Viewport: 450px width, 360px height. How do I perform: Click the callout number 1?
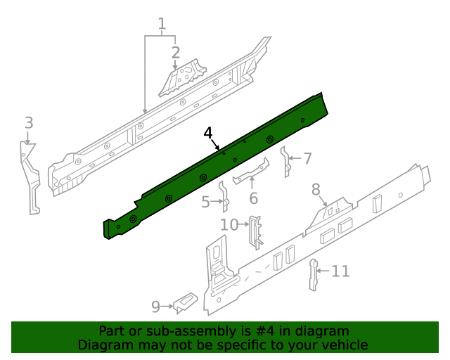click(x=162, y=25)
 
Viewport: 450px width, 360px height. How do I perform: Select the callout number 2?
click(x=175, y=52)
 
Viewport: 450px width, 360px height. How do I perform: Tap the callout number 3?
click(x=28, y=123)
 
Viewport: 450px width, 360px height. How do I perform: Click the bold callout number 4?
click(x=208, y=133)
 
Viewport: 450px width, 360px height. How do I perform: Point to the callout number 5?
click(x=205, y=202)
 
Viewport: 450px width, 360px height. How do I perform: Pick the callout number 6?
click(x=253, y=198)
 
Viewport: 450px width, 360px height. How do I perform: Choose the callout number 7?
click(x=307, y=158)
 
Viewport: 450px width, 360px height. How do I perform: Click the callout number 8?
click(x=316, y=188)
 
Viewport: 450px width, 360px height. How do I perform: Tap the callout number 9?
click(x=156, y=306)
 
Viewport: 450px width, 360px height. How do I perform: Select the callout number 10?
click(x=229, y=225)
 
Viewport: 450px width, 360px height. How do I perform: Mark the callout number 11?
click(x=340, y=271)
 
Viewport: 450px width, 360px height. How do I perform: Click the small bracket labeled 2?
click(x=182, y=79)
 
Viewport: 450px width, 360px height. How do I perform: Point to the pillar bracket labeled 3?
click(x=30, y=176)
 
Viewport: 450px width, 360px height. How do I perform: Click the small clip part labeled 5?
click(x=224, y=197)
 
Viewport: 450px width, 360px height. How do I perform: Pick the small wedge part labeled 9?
click(x=185, y=302)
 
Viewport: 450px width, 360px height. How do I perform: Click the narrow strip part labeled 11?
click(x=314, y=274)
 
